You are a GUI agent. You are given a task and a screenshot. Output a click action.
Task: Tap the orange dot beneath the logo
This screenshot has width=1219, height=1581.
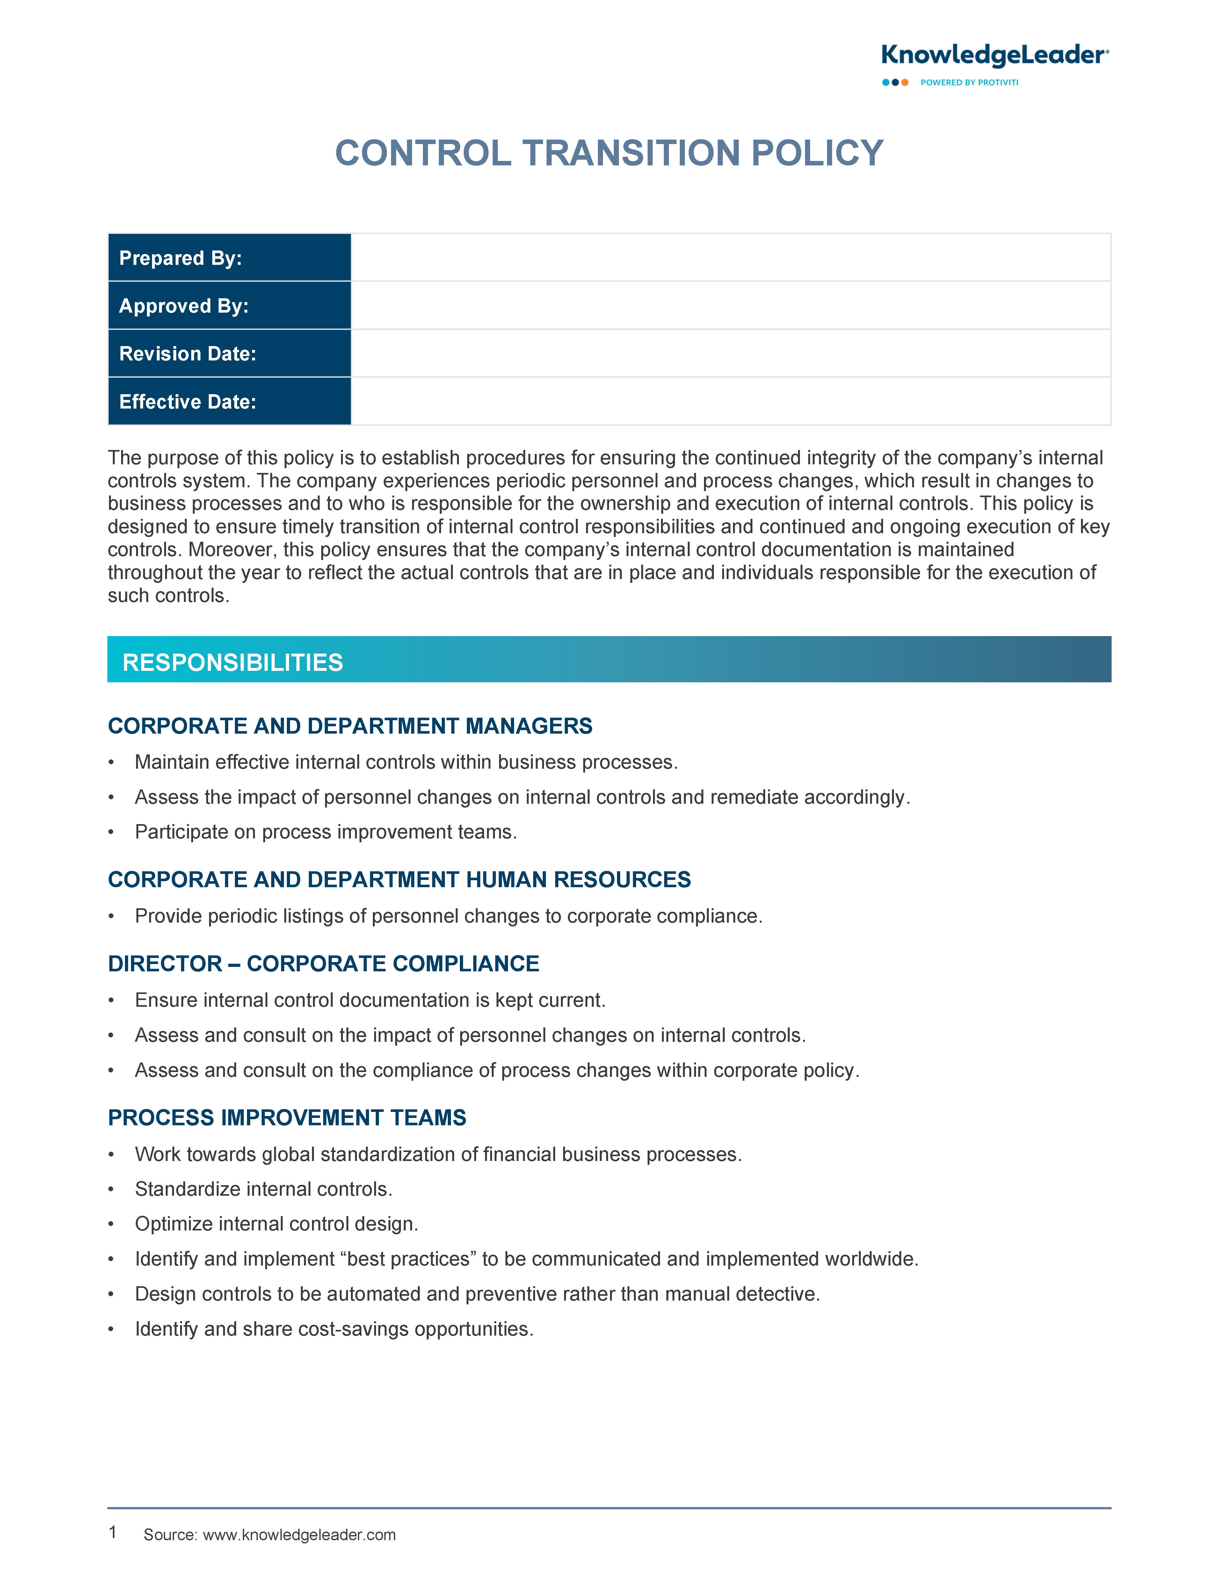905,83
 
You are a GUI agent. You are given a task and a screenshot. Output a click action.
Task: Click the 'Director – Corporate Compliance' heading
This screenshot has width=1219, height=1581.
323,963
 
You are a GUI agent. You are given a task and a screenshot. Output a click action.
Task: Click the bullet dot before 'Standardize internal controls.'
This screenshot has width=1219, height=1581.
112,1189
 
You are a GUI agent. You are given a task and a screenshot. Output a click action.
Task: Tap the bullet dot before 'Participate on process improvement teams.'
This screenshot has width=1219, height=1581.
112,832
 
